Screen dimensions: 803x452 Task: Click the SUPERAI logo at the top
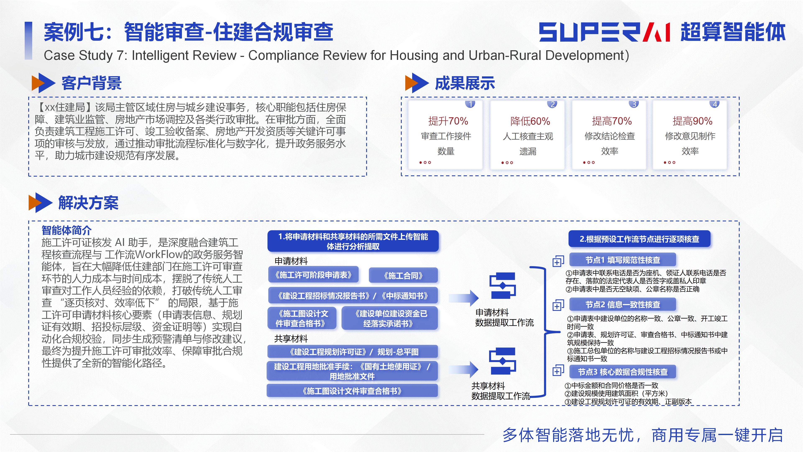pyautogui.click(x=604, y=32)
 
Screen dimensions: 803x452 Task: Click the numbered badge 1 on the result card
pyautogui.click(x=470, y=104)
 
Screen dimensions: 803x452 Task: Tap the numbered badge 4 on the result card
pyautogui.click(x=715, y=104)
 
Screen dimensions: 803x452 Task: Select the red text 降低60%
pyautogui.click(x=530, y=121)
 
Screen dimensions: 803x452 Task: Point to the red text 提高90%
pyautogui.click(x=692, y=121)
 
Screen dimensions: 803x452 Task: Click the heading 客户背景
pyautogui.click(x=91, y=83)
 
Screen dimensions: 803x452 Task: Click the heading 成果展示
pyautogui.click(x=465, y=83)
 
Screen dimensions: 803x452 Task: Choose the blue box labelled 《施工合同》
pyautogui.click(x=403, y=275)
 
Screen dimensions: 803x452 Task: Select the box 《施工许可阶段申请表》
pyautogui.click(x=313, y=275)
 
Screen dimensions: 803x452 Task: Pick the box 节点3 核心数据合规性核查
pyautogui.click(x=623, y=372)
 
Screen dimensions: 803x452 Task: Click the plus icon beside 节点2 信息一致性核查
pyautogui.click(x=558, y=305)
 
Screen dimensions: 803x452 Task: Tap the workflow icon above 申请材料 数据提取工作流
pyautogui.click(x=503, y=286)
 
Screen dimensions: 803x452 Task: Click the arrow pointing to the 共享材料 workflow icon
pyautogui.click(x=464, y=370)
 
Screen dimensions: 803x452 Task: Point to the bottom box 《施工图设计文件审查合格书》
pyautogui.click(x=352, y=391)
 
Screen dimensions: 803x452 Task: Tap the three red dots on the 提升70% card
pyautogui.click(x=425, y=163)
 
